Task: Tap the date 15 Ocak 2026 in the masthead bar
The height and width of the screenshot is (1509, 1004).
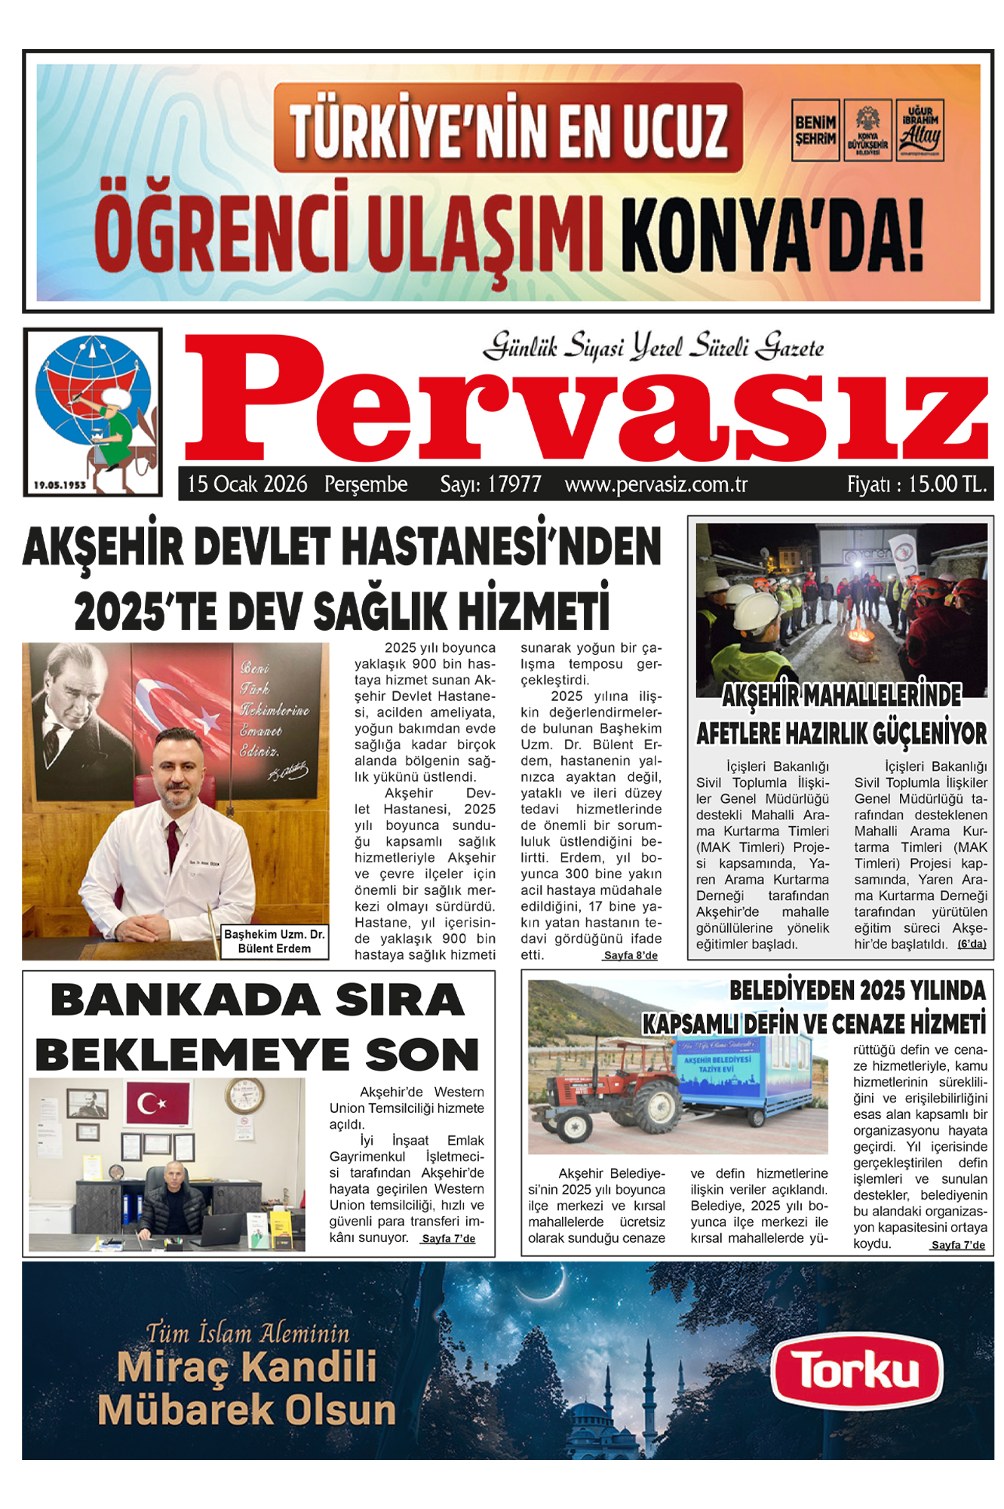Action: (247, 484)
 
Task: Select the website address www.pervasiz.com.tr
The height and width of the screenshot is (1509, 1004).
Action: (656, 484)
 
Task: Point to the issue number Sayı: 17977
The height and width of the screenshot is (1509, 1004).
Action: (490, 484)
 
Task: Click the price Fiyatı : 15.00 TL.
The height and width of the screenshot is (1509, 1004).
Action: (916, 484)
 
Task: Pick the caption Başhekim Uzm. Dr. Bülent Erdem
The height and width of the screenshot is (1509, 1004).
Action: (274, 942)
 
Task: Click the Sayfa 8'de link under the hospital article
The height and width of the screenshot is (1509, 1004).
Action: (631, 956)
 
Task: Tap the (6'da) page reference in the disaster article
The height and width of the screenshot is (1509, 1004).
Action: (972, 944)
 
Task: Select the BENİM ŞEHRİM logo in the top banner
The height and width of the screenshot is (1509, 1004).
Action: (815, 130)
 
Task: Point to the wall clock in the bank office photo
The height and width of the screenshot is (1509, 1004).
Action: (244, 1096)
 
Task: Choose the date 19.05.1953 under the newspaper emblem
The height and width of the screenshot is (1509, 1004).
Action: (60, 485)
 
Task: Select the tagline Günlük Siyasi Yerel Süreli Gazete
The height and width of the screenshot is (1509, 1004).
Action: (653, 347)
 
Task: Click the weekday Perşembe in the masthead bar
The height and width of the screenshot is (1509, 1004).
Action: (366, 484)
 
